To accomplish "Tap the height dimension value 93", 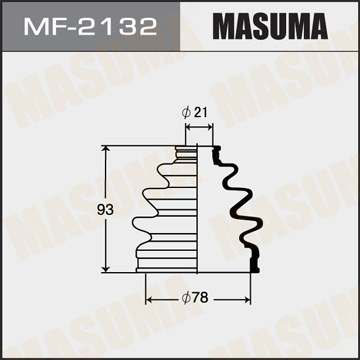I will pos(91,210).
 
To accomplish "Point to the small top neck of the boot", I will pos(187,155).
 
